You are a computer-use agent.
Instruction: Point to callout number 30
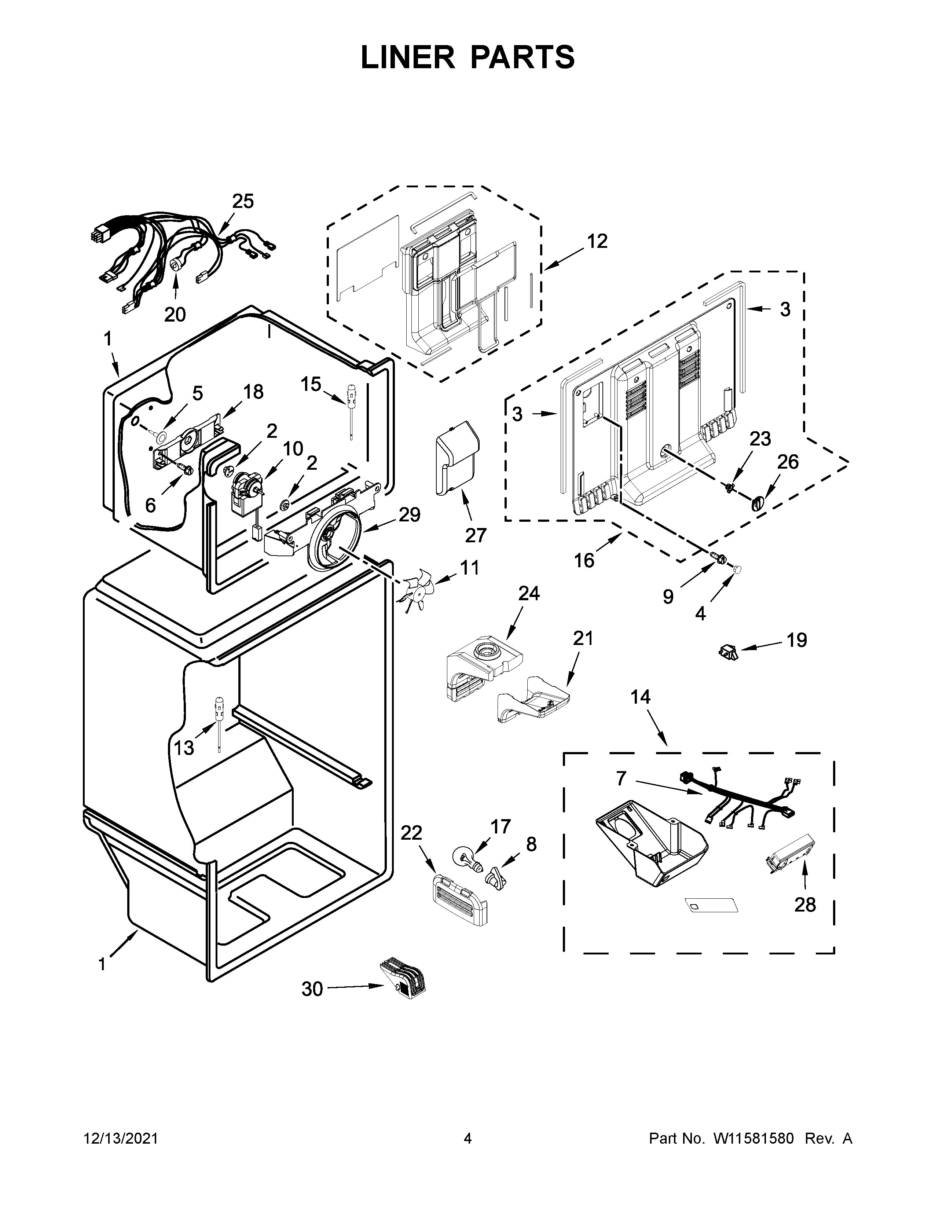point(312,989)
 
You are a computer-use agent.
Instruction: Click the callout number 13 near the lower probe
point(184,748)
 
